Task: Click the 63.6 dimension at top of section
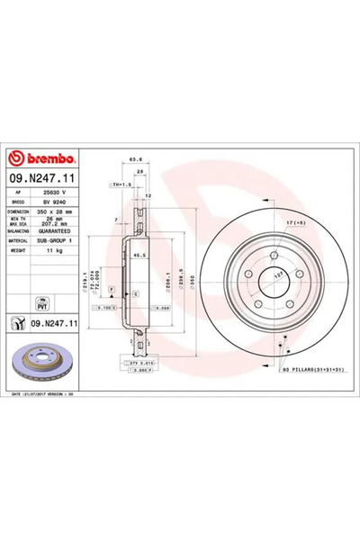(x=139, y=160)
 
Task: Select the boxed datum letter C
(x=135, y=293)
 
